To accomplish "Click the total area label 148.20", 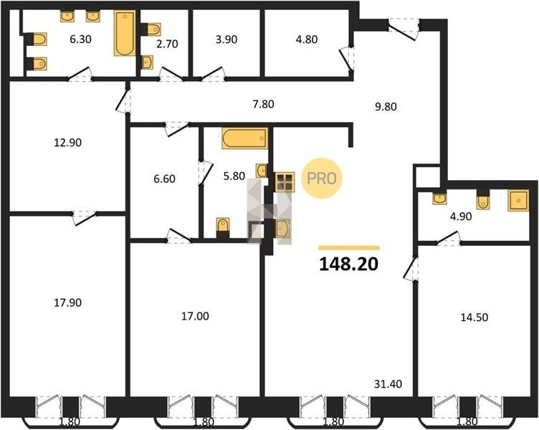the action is click(x=349, y=264).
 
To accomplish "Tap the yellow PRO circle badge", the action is click(x=322, y=178).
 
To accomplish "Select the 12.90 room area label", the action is click(x=67, y=143).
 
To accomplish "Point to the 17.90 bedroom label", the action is click(x=67, y=303).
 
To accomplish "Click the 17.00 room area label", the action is click(x=195, y=316).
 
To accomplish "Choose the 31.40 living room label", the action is click(x=388, y=383).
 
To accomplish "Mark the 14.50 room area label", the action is click(x=474, y=317).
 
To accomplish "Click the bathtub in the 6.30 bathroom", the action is click(x=125, y=34).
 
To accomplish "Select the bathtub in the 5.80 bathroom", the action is click(x=244, y=138).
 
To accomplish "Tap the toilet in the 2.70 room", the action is click(x=151, y=29).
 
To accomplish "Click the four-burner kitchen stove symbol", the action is click(x=285, y=182).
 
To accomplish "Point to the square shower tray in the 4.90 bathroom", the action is click(x=518, y=201).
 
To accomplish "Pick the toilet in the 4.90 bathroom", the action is click(x=483, y=200).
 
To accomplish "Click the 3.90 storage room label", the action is click(x=226, y=39).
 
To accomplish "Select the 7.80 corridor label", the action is click(x=264, y=104).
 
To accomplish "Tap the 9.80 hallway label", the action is click(x=386, y=107).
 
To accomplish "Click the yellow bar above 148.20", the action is click(x=349, y=248).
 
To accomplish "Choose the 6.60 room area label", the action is click(x=165, y=178).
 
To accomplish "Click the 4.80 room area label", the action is click(x=307, y=39).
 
